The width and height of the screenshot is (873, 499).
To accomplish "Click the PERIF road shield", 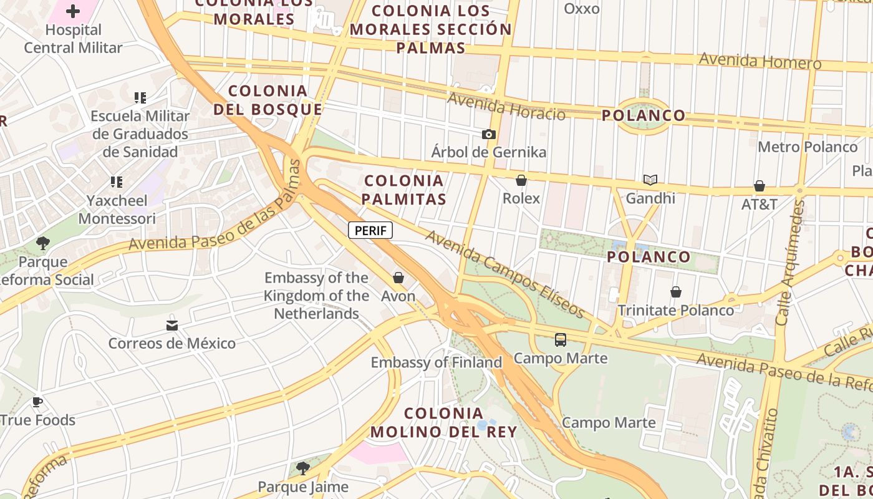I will tap(370, 230).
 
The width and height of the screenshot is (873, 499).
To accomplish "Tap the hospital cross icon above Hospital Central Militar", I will tap(73, 11).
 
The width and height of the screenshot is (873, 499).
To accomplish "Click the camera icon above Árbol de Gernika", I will tap(489, 134).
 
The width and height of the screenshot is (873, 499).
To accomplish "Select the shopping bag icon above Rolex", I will tap(521, 180).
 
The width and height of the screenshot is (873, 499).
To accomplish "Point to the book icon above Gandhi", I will tap(650, 180).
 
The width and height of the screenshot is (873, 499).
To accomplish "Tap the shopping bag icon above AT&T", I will tap(760, 186).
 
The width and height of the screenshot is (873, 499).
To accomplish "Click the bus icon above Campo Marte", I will tap(561, 340).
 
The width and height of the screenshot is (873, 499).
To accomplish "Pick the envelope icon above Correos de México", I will tap(172, 326).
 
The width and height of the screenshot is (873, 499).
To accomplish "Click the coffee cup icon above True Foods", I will tap(37, 402).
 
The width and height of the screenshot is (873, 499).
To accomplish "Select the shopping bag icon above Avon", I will tap(398, 278).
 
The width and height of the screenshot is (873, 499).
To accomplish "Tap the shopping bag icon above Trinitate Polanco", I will tap(676, 292).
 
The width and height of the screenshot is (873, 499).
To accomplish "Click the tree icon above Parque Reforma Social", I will tap(43, 243).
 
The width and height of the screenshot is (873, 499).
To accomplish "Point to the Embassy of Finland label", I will tap(436, 362).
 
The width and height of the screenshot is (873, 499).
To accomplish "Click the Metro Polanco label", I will tap(808, 147).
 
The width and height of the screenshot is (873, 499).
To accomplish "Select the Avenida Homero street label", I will tap(760, 61).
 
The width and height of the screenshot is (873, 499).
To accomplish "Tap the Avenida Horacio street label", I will tap(506, 107).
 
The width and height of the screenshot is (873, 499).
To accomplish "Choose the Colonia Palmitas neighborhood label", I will tap(405, 190).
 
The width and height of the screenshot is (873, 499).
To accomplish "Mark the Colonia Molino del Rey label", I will tap(443, 422).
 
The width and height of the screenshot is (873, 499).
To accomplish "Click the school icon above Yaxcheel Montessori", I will tap(117, 182).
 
